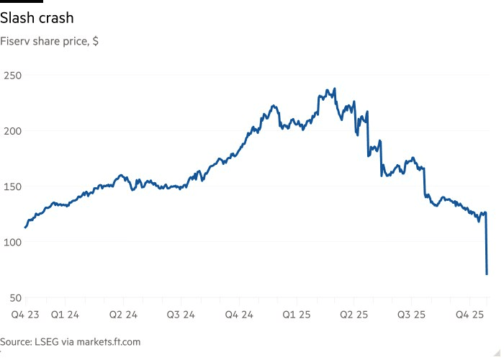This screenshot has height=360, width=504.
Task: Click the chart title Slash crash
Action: (x=42, y=17)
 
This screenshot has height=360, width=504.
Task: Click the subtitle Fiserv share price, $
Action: (x=50, y=41)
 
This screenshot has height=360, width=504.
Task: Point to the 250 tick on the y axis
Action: (x=13, y=75)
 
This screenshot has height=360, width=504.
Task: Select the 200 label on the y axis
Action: (x=13, y=130)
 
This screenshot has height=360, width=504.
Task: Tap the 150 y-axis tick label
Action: (x=13, y=186)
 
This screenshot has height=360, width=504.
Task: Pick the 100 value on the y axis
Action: (x=13, y=241)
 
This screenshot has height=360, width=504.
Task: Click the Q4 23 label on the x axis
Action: (x=22, y=315)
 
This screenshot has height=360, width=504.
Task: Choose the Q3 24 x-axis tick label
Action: (x=180, y=315)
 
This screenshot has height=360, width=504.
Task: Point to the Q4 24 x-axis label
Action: (x=238, y=315)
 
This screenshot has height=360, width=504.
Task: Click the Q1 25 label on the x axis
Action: (x=296, y=315)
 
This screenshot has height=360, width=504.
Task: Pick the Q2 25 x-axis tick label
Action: (x=354, y=315)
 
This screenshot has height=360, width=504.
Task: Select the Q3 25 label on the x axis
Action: (x=412, y=315)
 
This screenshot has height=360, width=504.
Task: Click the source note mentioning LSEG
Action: (x=70, y=342)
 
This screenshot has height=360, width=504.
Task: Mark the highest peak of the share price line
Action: (x=335, y=89)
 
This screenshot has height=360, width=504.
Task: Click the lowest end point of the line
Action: (x=487, y=274)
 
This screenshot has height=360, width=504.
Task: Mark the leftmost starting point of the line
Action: (x=25, y=228)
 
